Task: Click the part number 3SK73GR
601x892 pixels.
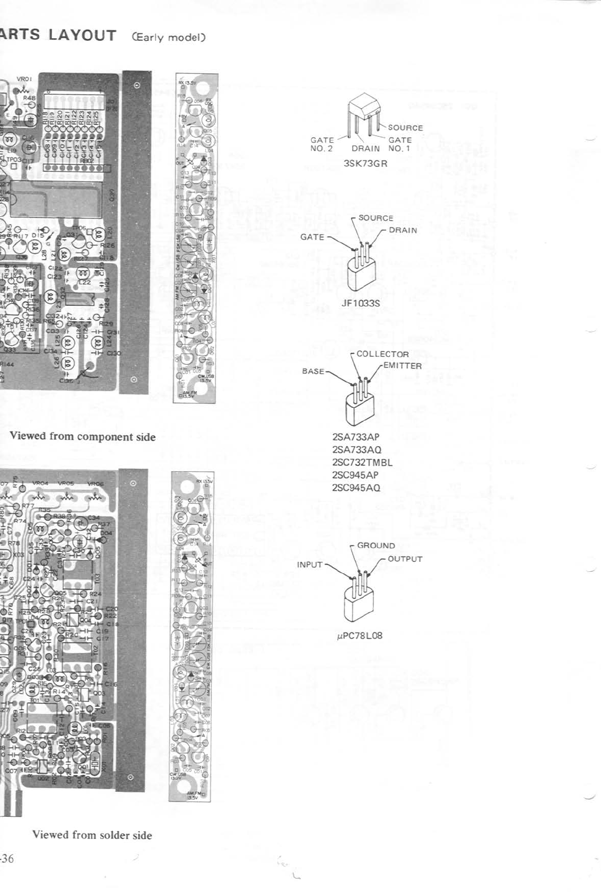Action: point(365,164)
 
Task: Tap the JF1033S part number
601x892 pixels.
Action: point(361,303)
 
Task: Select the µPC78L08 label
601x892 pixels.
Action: point(360,635)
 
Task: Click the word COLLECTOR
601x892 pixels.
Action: point(382,354)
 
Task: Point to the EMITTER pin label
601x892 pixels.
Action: point(403,366)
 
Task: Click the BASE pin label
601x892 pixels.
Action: point(313,371)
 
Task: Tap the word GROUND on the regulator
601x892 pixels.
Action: point(376,545)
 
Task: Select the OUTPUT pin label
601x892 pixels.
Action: point(405,559)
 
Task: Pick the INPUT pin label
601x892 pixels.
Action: point(310,564)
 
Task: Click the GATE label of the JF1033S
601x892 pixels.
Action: point(312,237)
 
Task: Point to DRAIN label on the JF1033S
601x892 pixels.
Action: point(403,230)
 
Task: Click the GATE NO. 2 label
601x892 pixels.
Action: point(322,144)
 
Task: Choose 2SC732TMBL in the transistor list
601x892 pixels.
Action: point(362,462)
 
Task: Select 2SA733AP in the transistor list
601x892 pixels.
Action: point(355,437)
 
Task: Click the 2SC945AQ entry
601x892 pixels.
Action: point(356,488)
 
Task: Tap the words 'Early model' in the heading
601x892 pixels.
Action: point(169,38)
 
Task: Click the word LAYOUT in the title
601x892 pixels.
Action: point(82,36)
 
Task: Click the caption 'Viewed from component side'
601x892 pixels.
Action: point(83,437)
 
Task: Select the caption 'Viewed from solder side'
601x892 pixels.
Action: point(92,835)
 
